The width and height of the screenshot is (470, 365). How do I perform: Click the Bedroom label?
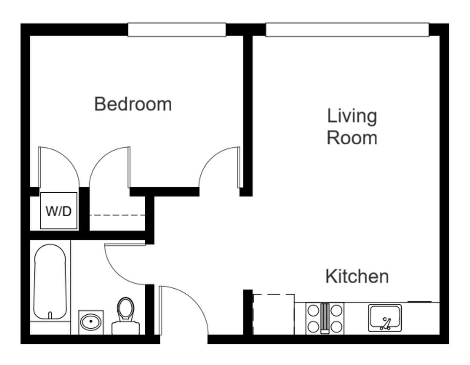pos(133,104)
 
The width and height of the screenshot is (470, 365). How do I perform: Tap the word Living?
pos(352,116)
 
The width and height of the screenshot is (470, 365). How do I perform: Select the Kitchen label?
pos(357,276)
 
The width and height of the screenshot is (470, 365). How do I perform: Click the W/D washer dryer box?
pos(58,211)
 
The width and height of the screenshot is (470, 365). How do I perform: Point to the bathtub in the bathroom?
pos(50,282)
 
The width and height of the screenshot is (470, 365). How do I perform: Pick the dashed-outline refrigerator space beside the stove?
pos(274,314)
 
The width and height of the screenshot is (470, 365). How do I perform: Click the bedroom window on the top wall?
pos(177,30)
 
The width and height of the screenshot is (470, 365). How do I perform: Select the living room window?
pos(347,30)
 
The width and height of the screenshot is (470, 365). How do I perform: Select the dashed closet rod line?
pos(117,215)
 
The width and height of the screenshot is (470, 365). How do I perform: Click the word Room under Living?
pos(352,138)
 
